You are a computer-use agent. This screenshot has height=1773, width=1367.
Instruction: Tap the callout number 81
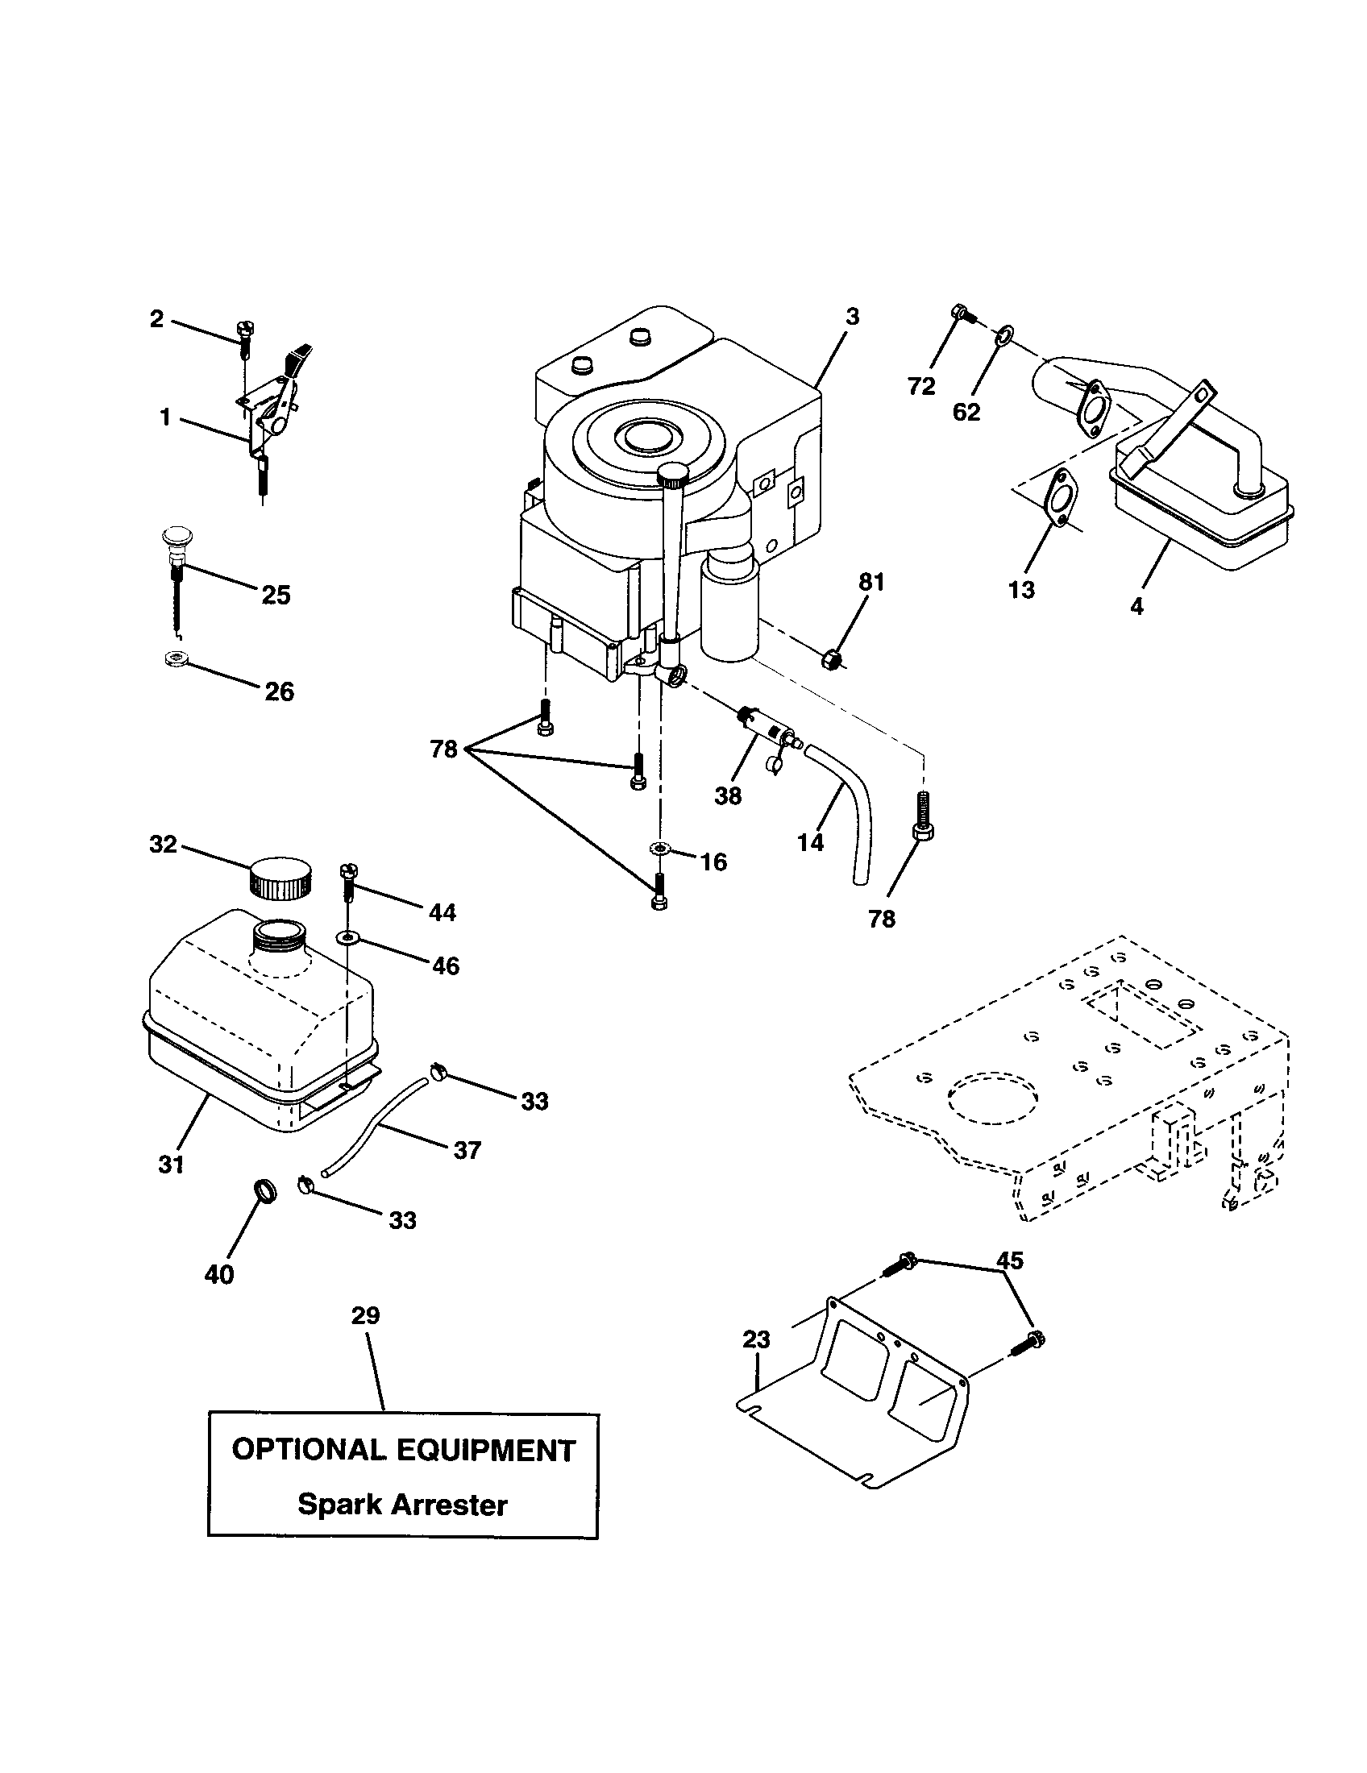(871, 582)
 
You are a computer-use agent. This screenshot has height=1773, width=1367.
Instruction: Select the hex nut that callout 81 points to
(832, 658)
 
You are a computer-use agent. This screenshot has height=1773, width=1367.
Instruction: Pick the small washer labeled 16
(659, 849)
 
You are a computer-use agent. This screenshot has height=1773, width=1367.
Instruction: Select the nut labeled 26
(174, 659)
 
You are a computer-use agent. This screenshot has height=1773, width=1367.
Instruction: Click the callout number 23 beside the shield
(756, 1339)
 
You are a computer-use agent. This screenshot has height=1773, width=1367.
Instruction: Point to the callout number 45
(1010, 1260)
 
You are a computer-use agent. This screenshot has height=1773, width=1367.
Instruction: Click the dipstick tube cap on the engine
(673, 473)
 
